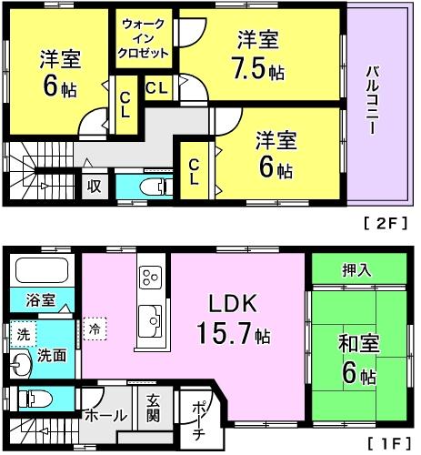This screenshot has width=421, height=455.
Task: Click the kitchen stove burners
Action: (150, 276)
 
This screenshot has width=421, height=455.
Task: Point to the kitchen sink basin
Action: (151, 319)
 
